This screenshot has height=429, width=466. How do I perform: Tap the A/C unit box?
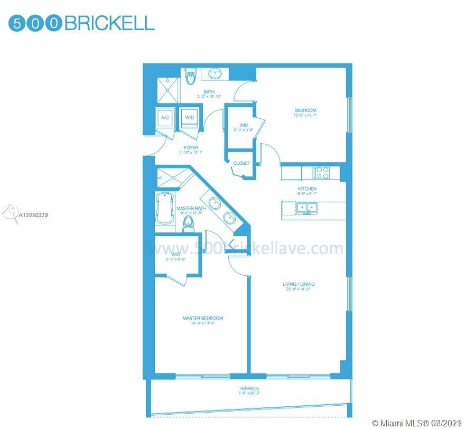[164, 118]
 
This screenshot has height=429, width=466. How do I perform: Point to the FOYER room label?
[191, 148]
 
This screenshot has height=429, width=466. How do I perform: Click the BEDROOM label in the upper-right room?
[305, 110]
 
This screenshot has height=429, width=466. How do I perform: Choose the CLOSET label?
[241, 163]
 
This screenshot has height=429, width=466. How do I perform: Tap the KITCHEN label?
[307, 189]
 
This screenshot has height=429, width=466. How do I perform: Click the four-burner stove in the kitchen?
[321, 172]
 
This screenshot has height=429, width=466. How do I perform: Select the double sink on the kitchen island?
[307, 208]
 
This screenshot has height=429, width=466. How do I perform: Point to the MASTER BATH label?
[191, 209]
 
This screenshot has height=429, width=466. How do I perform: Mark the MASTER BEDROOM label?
[202, 318]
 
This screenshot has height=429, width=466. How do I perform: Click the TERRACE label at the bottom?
[249, 388]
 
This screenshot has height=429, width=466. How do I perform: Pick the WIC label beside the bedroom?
[244, 125]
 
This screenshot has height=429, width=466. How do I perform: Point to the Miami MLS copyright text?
[417, 424]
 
